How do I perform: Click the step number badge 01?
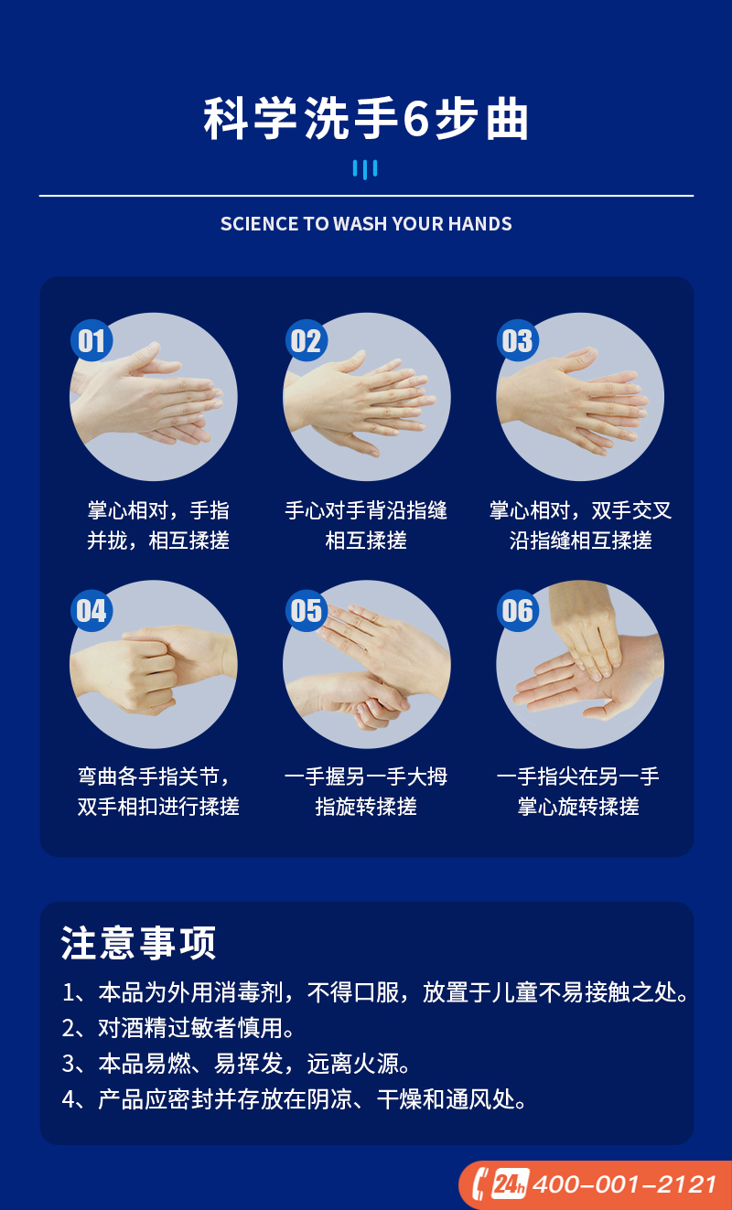pyautogui.click(x=91, y=340)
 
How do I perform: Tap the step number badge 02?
pyautogui.click(x=306, y=340)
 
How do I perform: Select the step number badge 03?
pyautogui.click(x=517, y=340)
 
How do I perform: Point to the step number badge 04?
pyautogui.click(x=91, y=610)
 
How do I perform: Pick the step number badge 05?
pyautogui.click(x=306, y=610)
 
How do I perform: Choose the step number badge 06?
pyautogui.click(x=517, y=610)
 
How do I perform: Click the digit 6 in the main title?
pyautogui.click(x=415, y=119)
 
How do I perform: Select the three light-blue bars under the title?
pyautogui.click(x=365, y=169)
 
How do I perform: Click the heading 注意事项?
pyautogui.click(x=138, y=943)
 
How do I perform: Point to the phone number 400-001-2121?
pyautogui.click(x=624, y=1184)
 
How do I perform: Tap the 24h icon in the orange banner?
pyautogui.click(x=510, y=1184)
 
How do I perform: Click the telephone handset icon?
pyautogui.click(x=479, y=1184)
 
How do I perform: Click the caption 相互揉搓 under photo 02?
pyautogui.click(x=366, y=541)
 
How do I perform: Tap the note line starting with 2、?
pyautogui.click(x=178, y=1028)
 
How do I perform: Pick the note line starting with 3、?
pyautogui.click(x=235, y=1064)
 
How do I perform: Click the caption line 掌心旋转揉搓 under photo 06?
pyautogui.click(x=578, y=807)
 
